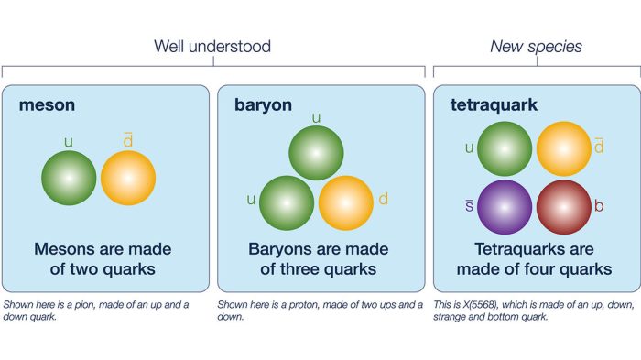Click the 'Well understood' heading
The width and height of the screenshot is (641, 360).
pos(212,46)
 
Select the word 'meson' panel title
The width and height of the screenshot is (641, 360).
pos(47,105)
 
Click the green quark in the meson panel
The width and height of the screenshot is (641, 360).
pos(69,178)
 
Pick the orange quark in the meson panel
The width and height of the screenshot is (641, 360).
pos(128,178)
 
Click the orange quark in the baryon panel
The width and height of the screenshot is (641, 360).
pos(345,202)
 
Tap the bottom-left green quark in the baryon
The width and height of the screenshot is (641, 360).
pos(287,202)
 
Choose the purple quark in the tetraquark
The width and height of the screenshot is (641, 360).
pos(505,207)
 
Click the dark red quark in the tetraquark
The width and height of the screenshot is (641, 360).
pos(563,207)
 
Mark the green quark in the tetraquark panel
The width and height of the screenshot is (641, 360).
pos(505,148)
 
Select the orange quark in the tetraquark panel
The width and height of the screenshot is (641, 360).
pos(563,148)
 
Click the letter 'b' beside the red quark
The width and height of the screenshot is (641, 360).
pos(599,206)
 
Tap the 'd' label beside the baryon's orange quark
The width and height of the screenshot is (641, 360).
pos(383,199)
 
